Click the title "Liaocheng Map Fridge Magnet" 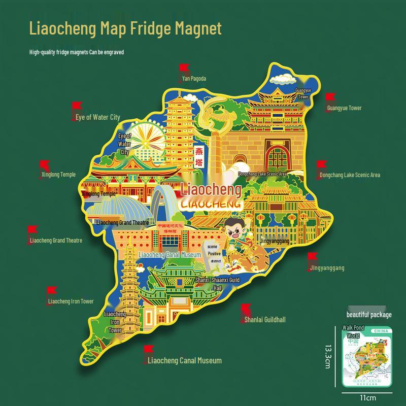click(125, 28)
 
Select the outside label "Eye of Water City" click(98, 117)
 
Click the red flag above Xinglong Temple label click(45, 165)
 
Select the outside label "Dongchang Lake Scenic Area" click(350, 175)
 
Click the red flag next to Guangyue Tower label click(330, 98)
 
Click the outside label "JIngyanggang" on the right click(326, 268)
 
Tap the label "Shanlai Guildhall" click(265, 320)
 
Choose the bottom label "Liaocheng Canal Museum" click(185, 361)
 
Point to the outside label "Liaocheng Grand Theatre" click(56, 241)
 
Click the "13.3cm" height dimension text click(328, 358)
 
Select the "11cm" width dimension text click(368, 397)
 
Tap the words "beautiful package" click(369, 315)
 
